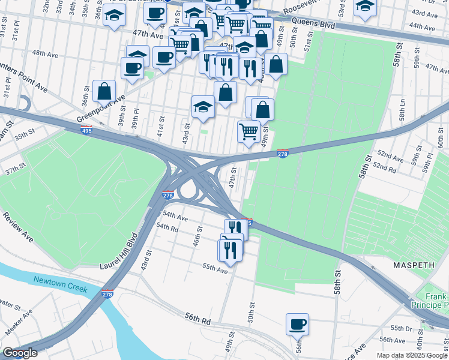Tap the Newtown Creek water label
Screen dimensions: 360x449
tap(60, 284)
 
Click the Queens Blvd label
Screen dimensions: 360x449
tap(312, 22)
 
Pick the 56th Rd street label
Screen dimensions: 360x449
tap(198, 320)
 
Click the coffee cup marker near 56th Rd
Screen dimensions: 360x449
tap(297, 325)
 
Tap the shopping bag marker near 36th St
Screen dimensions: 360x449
tap(104, 92)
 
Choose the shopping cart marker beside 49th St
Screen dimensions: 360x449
tap(249, 131)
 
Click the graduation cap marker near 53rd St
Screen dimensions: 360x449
tap(365, 7)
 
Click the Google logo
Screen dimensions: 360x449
tap(20, 353)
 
